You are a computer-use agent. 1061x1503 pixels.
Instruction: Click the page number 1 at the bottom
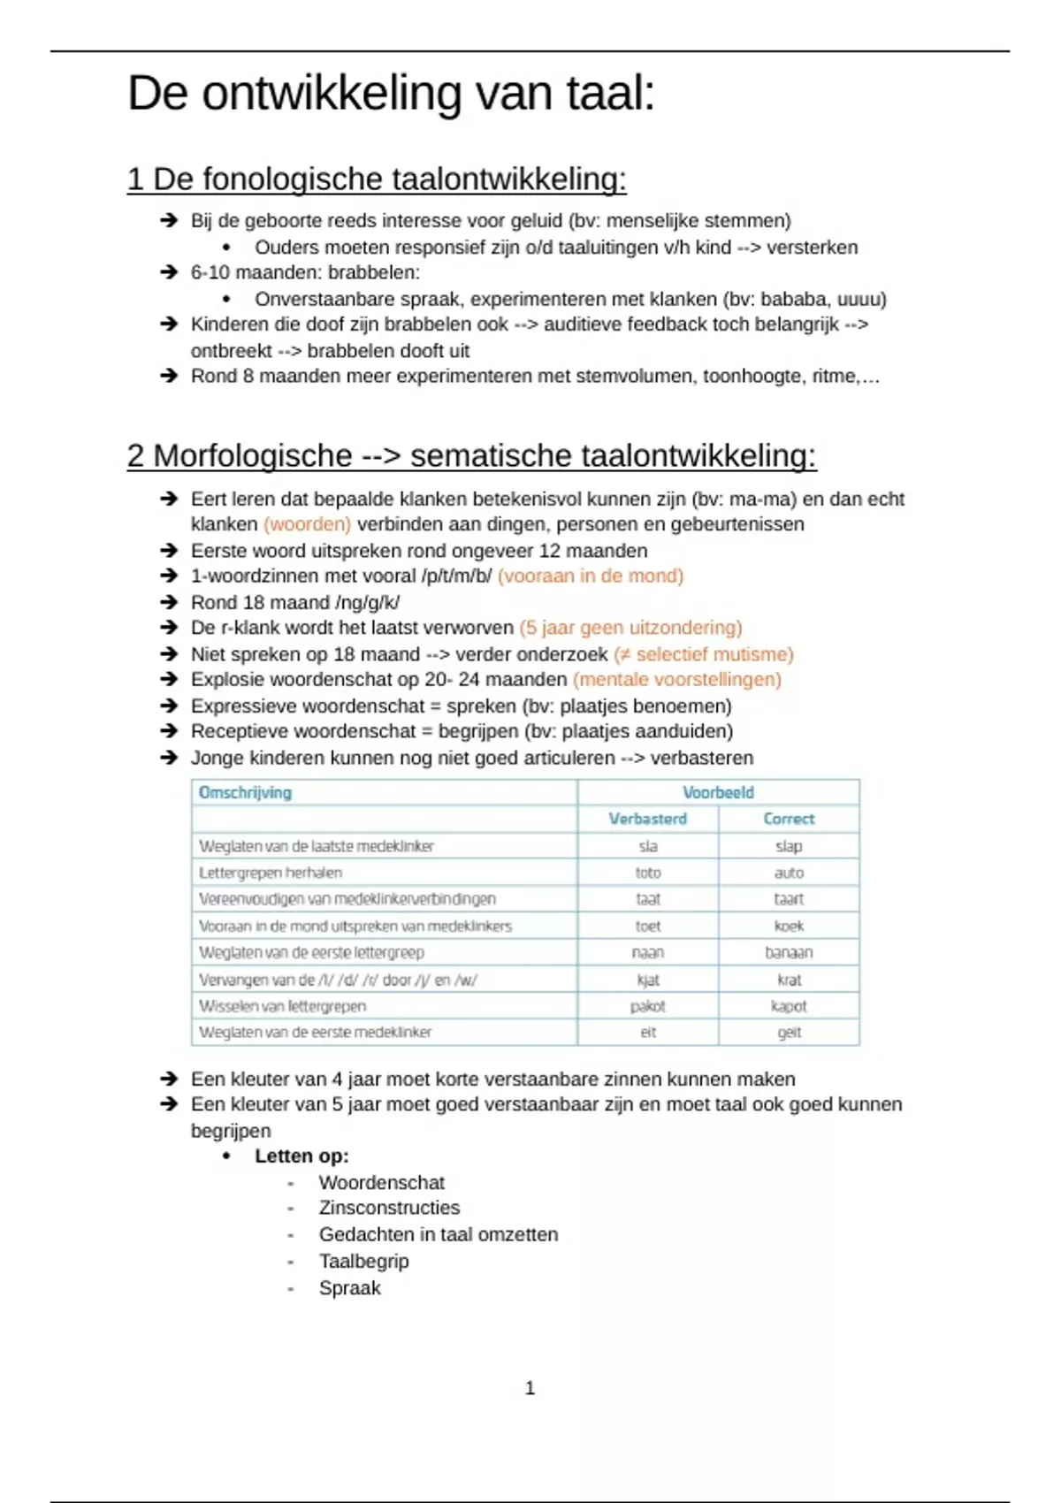pyautogui.click(x=530, y=1388)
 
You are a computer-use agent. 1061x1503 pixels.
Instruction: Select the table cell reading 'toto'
pyautogui.click(x=648, y=873)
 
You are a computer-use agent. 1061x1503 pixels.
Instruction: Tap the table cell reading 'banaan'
pyautogui.click(x=789, y=952)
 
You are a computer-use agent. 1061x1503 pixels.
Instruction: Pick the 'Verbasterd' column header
pyautogui.click(x=647, y=819)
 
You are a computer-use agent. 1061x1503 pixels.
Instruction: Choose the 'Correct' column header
pyautogui.click(x=789, y=819)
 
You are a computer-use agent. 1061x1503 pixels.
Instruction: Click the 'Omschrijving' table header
pyautogui.click(x=245, y=792)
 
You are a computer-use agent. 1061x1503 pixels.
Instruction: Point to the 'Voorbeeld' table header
pyautogui.click(x=718, y=792)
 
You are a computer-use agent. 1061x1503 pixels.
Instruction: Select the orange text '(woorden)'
pyautogui.click(x=307, y=524)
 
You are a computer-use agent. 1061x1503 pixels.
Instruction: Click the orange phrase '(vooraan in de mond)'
pyautogui.click(x=591, y=576)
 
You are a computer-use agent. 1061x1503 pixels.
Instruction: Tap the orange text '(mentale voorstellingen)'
pyautogui.click(x=677, y=680)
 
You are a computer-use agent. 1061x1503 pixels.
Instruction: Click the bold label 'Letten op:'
pyautogui.click(x=302, y=1156)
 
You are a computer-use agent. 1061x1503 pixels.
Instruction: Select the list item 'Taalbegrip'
pyautogui.click(x=363, y=1262)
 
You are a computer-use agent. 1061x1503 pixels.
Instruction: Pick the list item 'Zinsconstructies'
pyautogui.click(x=389, y=1208)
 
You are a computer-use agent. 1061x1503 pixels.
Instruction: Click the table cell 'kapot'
pyautogui.click(x=789, y=1006)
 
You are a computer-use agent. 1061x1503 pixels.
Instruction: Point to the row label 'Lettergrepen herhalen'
pyautogui.click(x=271, y=873)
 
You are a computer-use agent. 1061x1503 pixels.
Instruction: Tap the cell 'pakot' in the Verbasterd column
pyautogui.click(x=648, y=1006)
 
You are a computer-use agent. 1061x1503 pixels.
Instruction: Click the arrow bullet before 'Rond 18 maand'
pyautogui.click(x=169, y=602)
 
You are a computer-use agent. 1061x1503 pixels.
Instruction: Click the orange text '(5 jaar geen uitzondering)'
pyautogui.click(x=630, y=628)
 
